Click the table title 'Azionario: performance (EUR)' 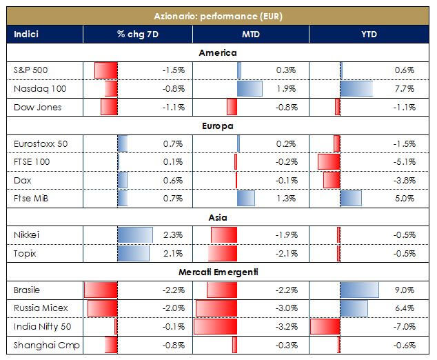pyautogui.click(x=218, y=15)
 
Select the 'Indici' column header pyautogui.click(x=27, y=34)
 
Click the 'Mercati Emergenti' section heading pyautogui.click(x=218, y=272)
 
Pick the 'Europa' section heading pyautogui.click(x=218, y=126)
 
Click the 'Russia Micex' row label pyautogui.click(x=41, y=308)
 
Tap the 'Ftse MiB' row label pyautogui.click(x=31, y=199)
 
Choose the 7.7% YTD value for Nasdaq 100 pyautogui.click(x=405, y=88)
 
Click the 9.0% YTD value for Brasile pyautogui.click(x=405, y=290)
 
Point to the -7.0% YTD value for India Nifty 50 pyautogui.click(x=404, y=326)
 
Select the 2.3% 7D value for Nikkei pyautogui.click(x=173, y=235)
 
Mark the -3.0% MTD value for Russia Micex pyautogui.click(x=285, y=308)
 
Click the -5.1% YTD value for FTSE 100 pyautogui.click(x=404, y=162)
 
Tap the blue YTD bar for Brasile pyautogui.click(x=359, y=290)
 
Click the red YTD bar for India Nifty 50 pyautogui.click(x=325, y=326)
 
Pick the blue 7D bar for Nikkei pyautogui.click(x=135, y=235)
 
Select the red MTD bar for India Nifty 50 pyautogui.click(x=216, y=326)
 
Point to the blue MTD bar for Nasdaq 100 pyautogui.click(x=250, y=88)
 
